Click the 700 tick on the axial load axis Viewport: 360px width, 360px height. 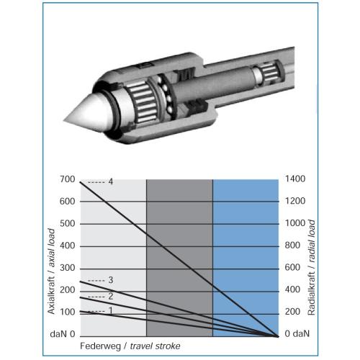click(x=68, y=179)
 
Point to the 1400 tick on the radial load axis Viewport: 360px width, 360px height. click(x=295, y=179)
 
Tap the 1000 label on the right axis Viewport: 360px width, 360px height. click(x=295, y=223)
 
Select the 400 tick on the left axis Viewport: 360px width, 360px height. click(x=68, y=246)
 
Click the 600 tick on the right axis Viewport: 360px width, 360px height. click(x=292, y=267)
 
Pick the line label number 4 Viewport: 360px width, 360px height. click(x=110, y=181)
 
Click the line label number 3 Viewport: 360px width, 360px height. click(x=110, y=280)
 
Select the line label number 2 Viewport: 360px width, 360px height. click(x=110, y=297)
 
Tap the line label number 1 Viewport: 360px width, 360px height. click(x=110, y=311)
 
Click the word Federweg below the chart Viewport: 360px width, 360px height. click(x=100, y=346)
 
